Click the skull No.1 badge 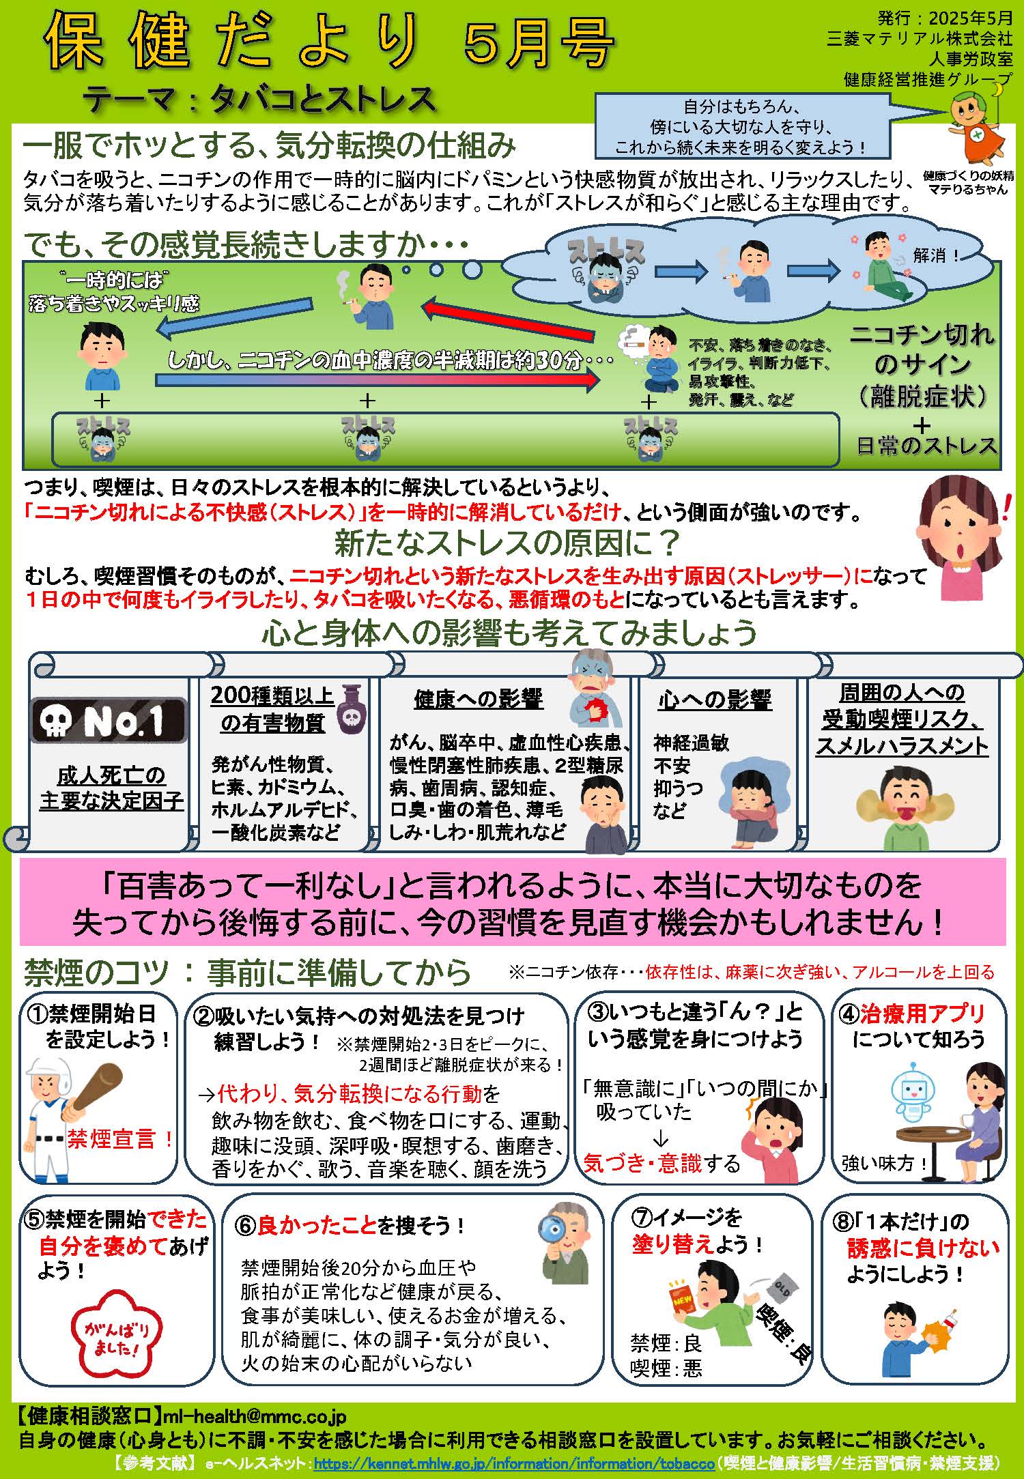point(109,721)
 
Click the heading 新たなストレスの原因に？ point(508,543)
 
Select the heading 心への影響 point(715,700)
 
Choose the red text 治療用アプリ point(922,1014)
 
